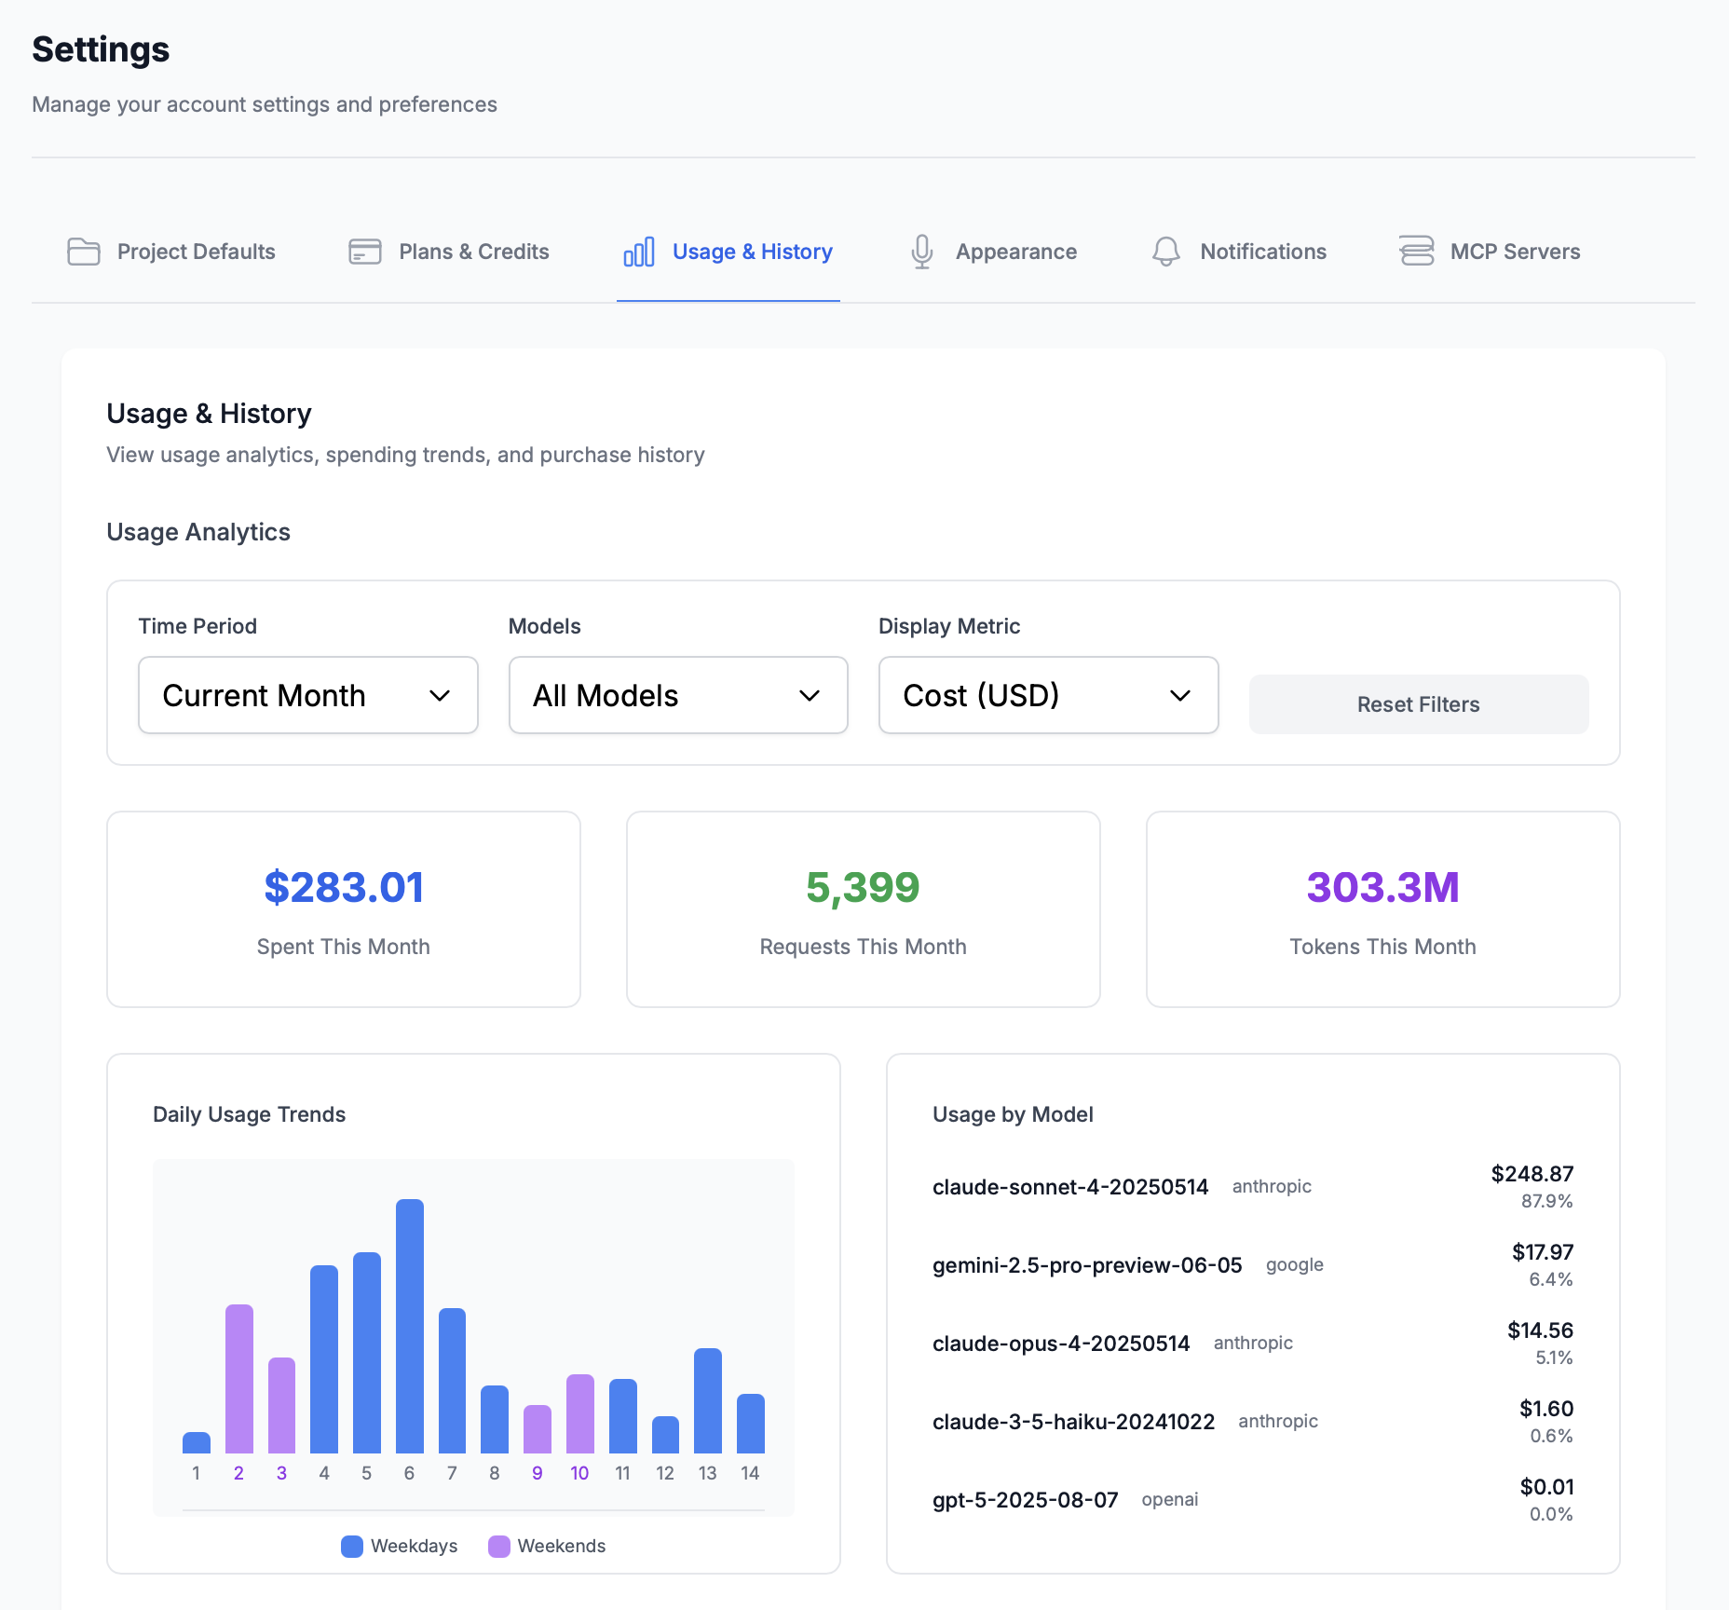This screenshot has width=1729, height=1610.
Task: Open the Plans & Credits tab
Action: click(473, 252)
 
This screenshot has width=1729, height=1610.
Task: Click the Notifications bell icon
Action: click(1165, 252)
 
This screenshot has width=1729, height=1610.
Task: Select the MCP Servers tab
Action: click(1514, 252)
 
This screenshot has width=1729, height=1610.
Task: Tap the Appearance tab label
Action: click(1015, 252)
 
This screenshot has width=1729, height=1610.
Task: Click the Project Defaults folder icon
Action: click(84, 252)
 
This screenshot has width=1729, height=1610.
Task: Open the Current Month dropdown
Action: click(307, 695)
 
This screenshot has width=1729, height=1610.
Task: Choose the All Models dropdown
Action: click(677, 695)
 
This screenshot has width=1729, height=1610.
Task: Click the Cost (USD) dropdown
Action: click(1048, 695)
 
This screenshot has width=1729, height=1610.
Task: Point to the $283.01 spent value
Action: click(344, 887)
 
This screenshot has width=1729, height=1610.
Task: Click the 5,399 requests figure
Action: click(863, 887)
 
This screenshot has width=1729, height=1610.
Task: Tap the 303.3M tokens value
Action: click(1382, 887)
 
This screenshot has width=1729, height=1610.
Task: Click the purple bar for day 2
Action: click(239, 1378)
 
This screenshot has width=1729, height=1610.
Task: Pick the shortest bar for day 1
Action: click(197, 1443)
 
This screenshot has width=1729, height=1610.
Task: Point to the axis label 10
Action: click(579, 1473)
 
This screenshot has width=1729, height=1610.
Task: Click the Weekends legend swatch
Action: click(499, 1546)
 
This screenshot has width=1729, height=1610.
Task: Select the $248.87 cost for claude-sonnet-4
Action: click(1532, 1174)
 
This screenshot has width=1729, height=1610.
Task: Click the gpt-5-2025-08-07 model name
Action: click(1025, 1500)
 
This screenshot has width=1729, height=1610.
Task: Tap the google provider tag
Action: click(1294, 1264)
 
